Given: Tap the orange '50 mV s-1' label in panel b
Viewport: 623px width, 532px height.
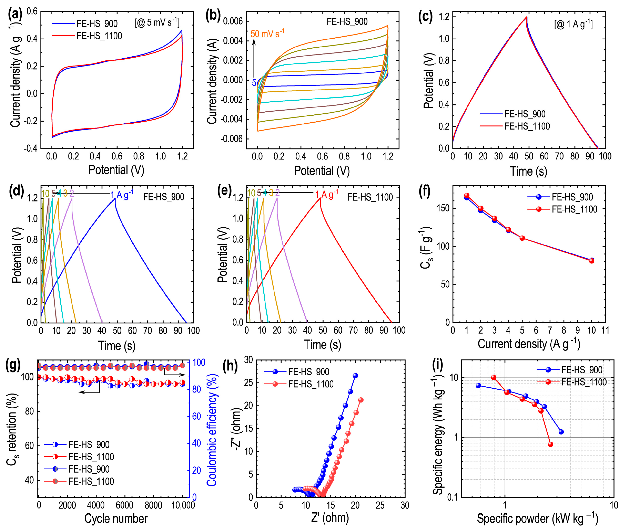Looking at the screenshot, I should click(x=267, y=33).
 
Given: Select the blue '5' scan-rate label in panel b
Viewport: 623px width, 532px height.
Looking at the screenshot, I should click(x=254, y=83).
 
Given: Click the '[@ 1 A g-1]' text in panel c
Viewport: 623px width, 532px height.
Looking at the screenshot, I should click(x=573, y=24).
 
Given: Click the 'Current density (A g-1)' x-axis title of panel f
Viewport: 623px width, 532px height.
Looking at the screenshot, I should click(x=529, y=344).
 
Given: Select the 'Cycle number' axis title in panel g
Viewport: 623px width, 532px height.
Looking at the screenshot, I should click(x=116, y=519).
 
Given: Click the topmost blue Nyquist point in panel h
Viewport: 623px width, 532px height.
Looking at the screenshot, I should click(x=355, y=376).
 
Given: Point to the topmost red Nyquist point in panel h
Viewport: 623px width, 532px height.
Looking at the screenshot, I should click(x=361, y=400).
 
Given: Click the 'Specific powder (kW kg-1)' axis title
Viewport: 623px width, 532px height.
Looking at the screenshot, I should click(x=537, y=519).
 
